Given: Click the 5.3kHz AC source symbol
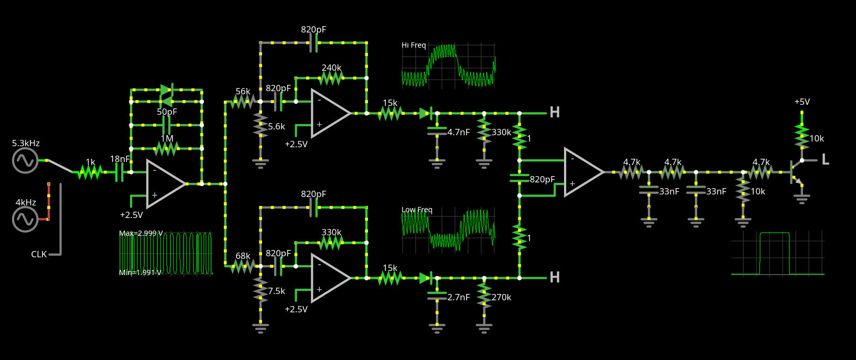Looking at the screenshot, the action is point(25,160).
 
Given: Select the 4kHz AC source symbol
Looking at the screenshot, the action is point(25,220).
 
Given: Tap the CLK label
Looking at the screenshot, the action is point(39,255).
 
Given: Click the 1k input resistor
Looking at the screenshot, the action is point(90,172).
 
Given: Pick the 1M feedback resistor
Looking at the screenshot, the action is point(167,149).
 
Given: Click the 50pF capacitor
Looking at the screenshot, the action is point(167,125).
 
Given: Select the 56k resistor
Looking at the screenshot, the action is point(243,102).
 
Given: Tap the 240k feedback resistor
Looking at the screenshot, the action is point(331,78).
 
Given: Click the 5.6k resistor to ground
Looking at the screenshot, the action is point(261,125).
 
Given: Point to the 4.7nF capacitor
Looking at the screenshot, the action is point(437,131).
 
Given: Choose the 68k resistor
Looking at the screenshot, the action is point(243,266).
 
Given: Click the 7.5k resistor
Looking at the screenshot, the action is point(261,290).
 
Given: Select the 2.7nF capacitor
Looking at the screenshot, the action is point(437,296).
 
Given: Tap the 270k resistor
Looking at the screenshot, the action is point(484,294).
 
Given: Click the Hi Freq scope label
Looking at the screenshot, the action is point(414,45).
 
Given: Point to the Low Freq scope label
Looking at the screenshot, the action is point(417,210).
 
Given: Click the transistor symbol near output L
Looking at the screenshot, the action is point(796,173).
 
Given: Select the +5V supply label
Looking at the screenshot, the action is point(802,102).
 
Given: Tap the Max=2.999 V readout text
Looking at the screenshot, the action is point(141,233).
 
